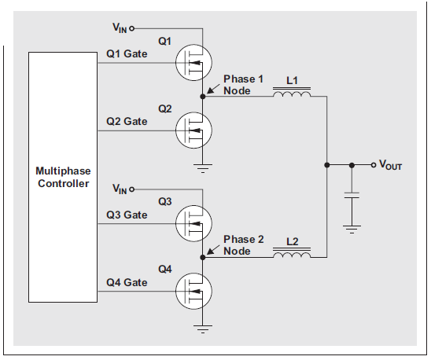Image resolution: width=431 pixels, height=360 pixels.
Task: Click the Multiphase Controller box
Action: coord(63,178)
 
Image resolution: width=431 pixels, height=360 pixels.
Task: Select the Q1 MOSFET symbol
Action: coord(193,63)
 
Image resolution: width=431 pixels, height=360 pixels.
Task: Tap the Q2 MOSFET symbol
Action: coord(193,130)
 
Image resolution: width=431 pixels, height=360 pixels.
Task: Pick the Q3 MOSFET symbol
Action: coord(193,223)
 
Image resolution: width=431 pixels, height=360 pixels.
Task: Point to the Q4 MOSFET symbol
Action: coord(193,291)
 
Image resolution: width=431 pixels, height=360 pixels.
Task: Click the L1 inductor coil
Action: coord(292,92)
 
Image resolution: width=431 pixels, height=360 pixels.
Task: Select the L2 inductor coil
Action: coord(292,253)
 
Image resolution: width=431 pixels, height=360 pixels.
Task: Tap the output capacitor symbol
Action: coord(352,195)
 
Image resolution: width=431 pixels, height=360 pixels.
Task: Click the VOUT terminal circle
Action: coord(374,165)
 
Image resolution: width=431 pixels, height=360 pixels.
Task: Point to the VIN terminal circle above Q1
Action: coord(132,28)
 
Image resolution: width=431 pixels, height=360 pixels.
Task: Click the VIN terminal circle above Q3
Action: coord(132,189)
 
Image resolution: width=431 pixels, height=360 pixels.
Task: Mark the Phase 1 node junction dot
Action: coord(203,97)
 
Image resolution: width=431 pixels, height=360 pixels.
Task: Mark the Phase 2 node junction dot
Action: coord(203,258)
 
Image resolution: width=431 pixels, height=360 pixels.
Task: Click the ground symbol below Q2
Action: coord(203,168)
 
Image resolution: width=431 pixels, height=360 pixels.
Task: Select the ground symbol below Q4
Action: coord(203,329)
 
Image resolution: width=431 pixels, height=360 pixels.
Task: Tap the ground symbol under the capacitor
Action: coord(352,230)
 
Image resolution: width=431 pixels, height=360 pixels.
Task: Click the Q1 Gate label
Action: coord(127,54)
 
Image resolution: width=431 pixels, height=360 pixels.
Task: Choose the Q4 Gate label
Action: coord(127,282)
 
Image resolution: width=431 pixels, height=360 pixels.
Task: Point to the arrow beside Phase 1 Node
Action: coord(213,89)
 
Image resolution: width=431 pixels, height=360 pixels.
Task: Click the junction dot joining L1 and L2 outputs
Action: coord(327,165)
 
